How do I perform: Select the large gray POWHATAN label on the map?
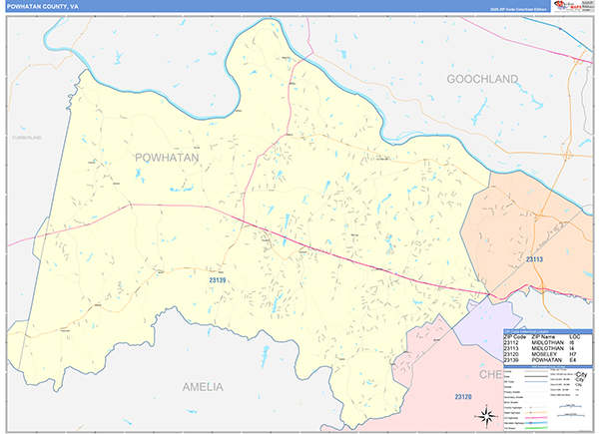(166, 158)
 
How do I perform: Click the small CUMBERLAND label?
(27, 137)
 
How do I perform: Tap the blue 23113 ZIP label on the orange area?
(535, 258)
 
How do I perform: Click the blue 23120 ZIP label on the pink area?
(462, 397)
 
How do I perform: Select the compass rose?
(484, 413)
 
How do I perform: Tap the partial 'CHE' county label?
(494, 373)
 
